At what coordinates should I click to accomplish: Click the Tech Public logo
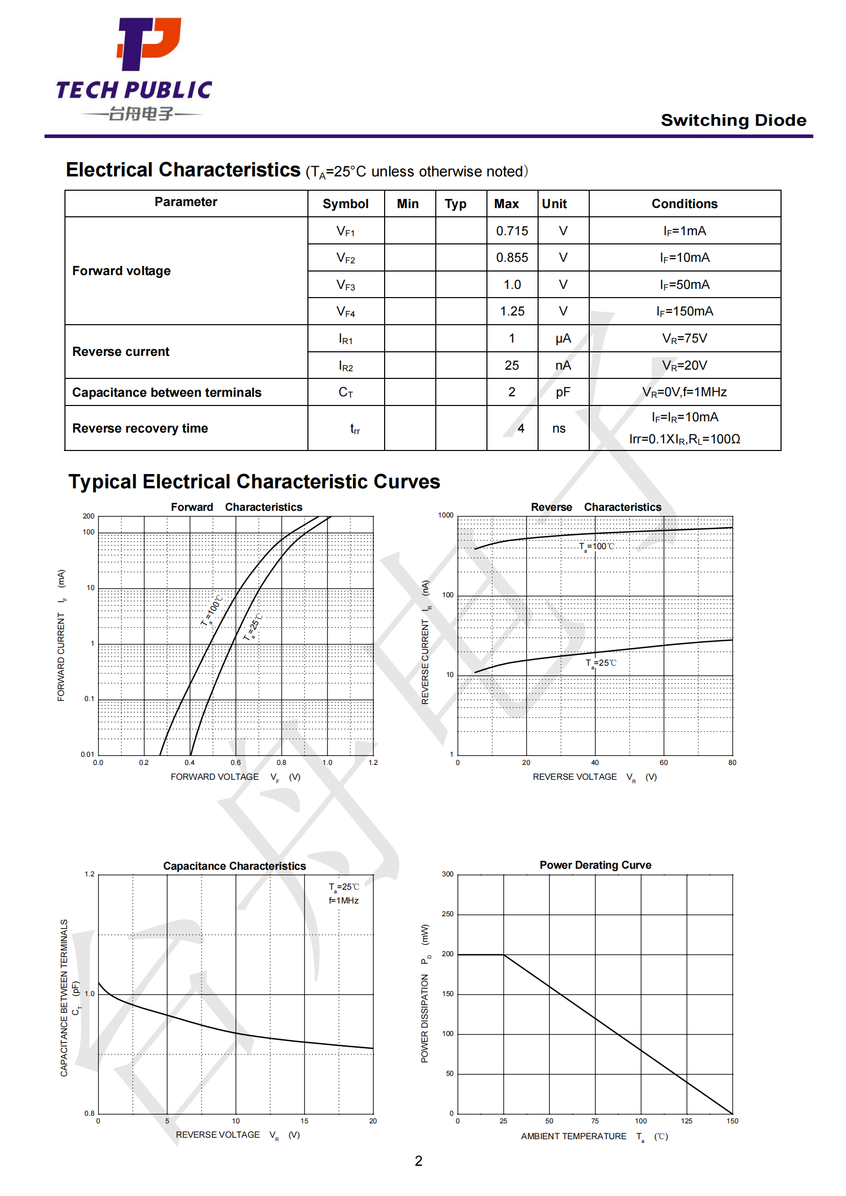point(135,69)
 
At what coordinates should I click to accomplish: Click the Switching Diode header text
point(733,120)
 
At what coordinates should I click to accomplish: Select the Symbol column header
point(345,204)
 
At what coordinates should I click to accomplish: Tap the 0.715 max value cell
point(511,231)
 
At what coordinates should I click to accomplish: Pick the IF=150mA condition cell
point(684,311)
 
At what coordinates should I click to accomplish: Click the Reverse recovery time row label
point(140,428)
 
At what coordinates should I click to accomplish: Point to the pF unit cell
point(563,392)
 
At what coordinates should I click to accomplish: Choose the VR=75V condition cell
point(684,339)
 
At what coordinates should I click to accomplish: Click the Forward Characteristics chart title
point(236,507)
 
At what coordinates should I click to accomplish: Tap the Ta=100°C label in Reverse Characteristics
point(597,547)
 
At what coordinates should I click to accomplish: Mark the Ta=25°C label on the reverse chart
point(601,663)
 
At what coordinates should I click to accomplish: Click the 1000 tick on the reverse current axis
point(446,515)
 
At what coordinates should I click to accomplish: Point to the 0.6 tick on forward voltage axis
point(236,762)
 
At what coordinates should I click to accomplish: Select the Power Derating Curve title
point(595,865)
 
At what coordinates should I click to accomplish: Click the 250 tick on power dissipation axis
point(448,914)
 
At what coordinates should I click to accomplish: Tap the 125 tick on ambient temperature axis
point(686,1121)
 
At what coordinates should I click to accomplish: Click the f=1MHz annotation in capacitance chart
point(343,900)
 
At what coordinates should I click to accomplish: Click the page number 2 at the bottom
point(418,1161)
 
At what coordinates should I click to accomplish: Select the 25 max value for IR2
point(511,366)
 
